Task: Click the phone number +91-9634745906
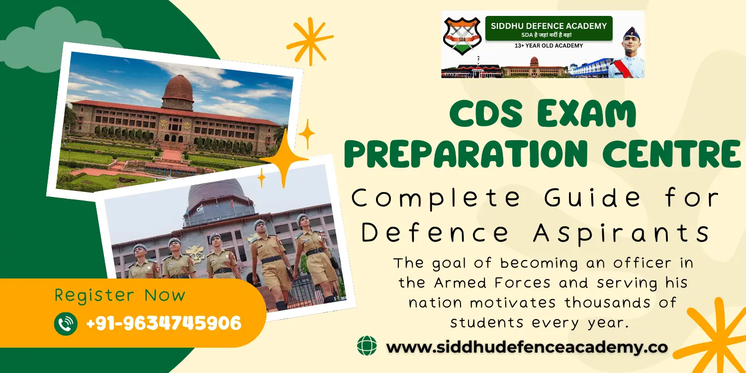point(164,324)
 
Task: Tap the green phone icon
point(66,323)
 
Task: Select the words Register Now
point(119,295)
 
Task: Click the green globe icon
point(367,346)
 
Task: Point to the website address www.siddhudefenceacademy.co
point(527,347)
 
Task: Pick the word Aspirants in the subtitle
point(621,233)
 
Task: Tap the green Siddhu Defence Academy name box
point(549,28)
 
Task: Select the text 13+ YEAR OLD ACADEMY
point(549,46)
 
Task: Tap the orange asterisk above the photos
point(309,41)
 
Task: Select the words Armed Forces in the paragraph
point(492,282)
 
